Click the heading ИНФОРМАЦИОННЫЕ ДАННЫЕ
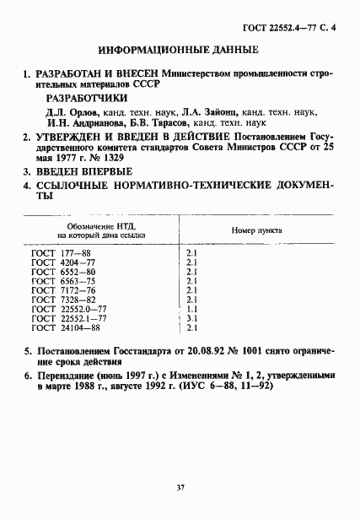pos(180,51)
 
